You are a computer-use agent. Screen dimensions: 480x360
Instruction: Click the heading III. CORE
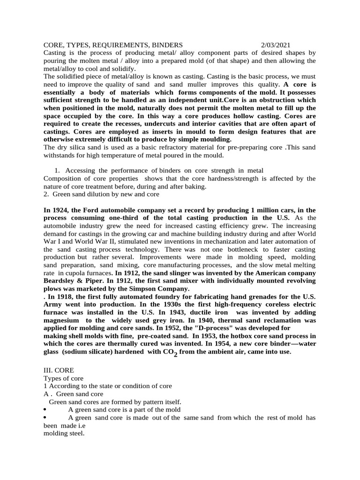(x=60, y=370)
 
